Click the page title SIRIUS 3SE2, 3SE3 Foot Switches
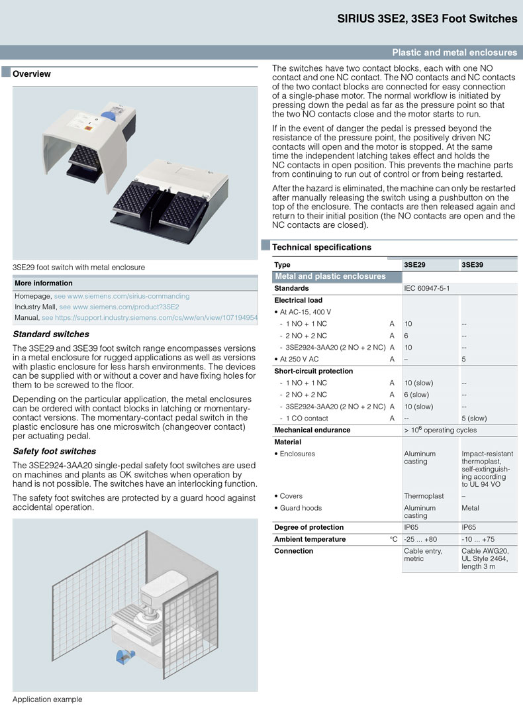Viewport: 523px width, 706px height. coord(427,19)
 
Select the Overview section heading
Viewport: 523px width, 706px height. coord(32,74)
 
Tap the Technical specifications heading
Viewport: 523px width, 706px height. coord(322,247)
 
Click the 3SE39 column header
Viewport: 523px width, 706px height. coord(472,265)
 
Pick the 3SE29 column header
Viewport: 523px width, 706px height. coord(414,265)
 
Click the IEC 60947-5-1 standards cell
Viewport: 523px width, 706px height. coord(426,289)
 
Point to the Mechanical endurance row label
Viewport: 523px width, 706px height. coord(312,430)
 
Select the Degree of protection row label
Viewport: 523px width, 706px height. coord(309,527)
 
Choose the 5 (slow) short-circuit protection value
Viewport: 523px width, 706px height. coord(474,419)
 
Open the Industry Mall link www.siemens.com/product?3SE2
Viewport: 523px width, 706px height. coord(119,307)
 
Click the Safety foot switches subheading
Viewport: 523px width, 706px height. coord(54,451)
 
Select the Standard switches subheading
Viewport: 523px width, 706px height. coord(51,334)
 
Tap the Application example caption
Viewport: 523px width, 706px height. coord(48,699)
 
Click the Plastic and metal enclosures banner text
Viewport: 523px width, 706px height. coord(454,52)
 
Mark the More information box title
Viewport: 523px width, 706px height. coord(44,283)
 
